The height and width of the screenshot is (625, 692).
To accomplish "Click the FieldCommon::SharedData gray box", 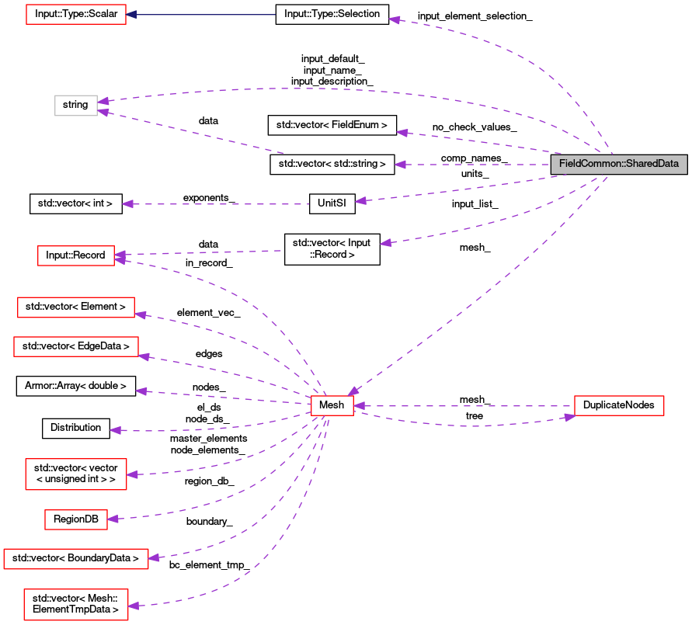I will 619,164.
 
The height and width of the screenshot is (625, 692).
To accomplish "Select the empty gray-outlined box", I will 76,106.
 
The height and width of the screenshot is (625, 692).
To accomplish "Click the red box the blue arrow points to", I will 76,14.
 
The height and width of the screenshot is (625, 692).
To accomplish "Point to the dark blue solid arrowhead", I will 132,15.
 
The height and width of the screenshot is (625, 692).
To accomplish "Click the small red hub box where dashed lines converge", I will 332,405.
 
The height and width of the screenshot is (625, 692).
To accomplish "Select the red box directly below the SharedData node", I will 619,405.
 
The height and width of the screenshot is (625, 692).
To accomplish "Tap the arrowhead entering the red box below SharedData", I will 570,417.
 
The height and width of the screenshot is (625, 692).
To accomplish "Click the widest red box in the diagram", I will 76,559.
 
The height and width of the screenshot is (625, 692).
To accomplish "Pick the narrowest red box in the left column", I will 76,520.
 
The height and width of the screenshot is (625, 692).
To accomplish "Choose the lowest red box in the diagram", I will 76,605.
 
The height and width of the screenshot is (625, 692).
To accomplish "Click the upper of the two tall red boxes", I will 76,474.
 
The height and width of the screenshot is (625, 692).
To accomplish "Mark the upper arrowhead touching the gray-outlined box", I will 103,101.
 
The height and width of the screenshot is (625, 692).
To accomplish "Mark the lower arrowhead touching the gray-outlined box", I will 103,113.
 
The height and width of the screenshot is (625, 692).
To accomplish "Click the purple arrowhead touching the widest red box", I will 154,557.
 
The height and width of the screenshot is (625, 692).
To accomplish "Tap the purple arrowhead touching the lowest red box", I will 134,606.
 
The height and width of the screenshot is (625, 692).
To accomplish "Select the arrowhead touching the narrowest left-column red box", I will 113,519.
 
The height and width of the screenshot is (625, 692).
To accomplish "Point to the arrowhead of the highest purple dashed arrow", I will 395,19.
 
